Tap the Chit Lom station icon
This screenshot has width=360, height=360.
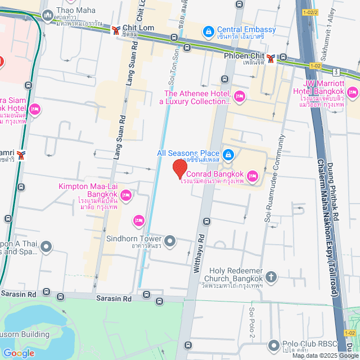point(115,29)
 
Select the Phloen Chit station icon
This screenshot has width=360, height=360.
point(271,57)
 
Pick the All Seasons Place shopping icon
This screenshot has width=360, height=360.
point(228,154)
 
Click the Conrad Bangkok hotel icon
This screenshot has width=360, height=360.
point(253,177)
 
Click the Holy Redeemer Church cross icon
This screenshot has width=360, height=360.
point(272,276)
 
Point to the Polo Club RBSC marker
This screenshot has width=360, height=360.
point(274,345)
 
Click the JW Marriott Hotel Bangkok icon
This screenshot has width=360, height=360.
point(353,92)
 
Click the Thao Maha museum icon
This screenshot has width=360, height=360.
point(47,14)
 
